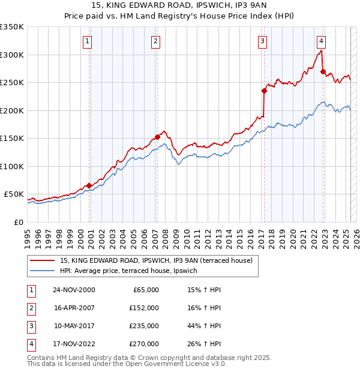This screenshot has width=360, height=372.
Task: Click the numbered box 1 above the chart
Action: click(88, 41)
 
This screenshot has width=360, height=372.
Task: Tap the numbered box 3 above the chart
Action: click(263, 41)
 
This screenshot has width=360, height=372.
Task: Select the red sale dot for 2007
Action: click(157, 137)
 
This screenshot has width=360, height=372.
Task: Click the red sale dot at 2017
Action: click(264, 91)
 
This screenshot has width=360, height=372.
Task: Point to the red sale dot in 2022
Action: click(323, 71)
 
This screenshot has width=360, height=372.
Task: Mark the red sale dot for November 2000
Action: click(89, 185)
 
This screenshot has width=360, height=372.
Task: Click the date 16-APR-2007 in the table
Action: click(74, 308)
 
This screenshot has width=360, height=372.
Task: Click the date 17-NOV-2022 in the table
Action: click(74, 344)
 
